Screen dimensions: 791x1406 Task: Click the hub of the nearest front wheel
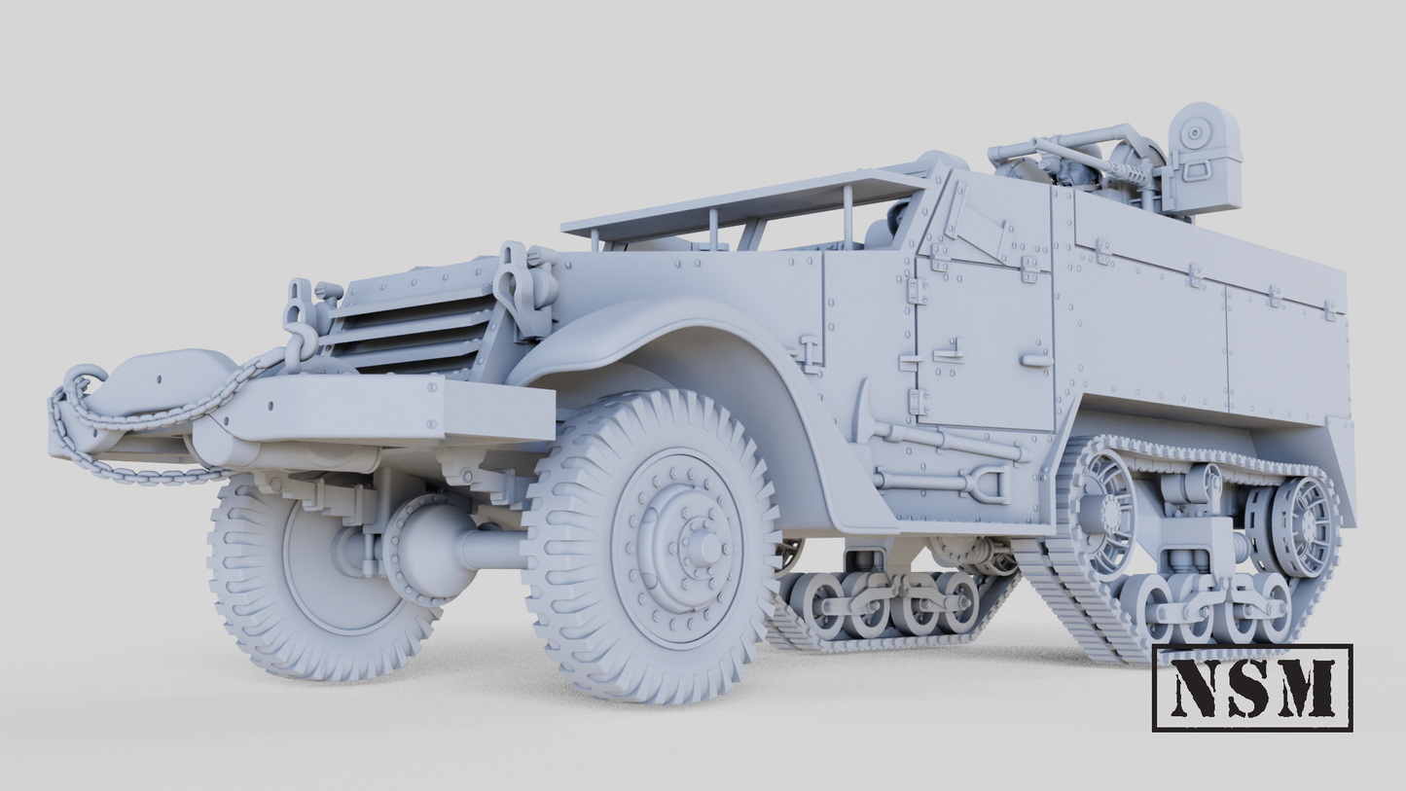[x=699, y=547]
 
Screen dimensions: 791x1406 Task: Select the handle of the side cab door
[x=1036, y=361]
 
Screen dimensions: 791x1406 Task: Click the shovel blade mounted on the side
[x=991, y=484]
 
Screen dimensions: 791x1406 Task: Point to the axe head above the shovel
[x=863, y=409]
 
